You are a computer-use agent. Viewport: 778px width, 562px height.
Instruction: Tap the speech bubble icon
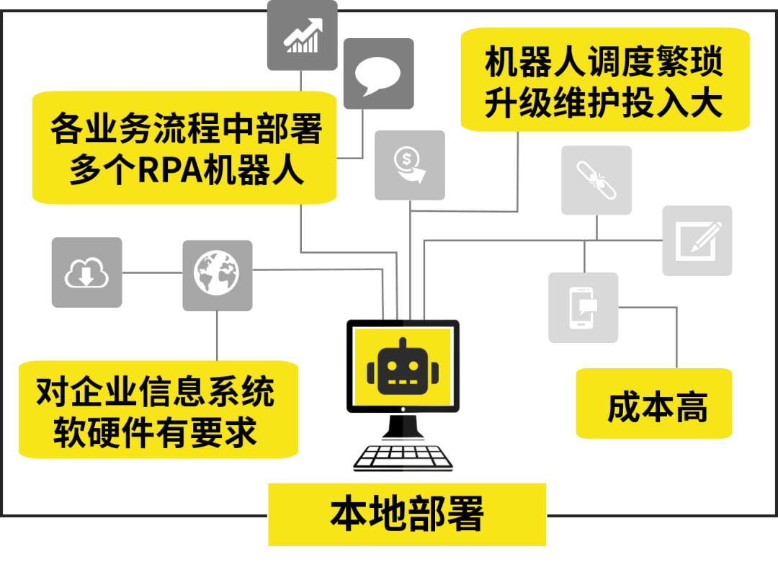tap(378, 73)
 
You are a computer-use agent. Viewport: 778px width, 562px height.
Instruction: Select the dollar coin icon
tap(409, 165)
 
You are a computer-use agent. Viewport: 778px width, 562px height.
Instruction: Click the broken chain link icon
tap(596, 180)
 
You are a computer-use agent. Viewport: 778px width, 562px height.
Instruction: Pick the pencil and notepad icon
tap(697, 241)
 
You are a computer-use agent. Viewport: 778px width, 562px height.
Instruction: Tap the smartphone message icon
tap(583, 308)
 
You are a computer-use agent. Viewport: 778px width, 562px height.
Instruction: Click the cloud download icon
tap(86, 273)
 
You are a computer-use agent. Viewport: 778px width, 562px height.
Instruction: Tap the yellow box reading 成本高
tap(653, 405)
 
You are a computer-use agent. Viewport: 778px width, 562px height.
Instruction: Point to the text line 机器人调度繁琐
tap(604, 63)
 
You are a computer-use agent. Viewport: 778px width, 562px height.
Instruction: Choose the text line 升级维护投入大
tap(604, 104)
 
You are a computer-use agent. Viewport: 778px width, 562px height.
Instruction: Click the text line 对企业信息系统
tap(156, 393)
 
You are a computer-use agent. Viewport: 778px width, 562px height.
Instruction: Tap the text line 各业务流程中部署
tap(185, 130)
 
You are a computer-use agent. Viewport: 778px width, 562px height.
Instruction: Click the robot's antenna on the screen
tap(403, 342)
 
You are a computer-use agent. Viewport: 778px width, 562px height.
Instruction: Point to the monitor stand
tap(403, 427)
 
